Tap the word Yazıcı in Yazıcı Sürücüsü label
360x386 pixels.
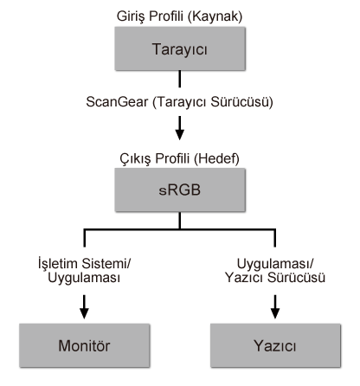(x=243, y=279)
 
